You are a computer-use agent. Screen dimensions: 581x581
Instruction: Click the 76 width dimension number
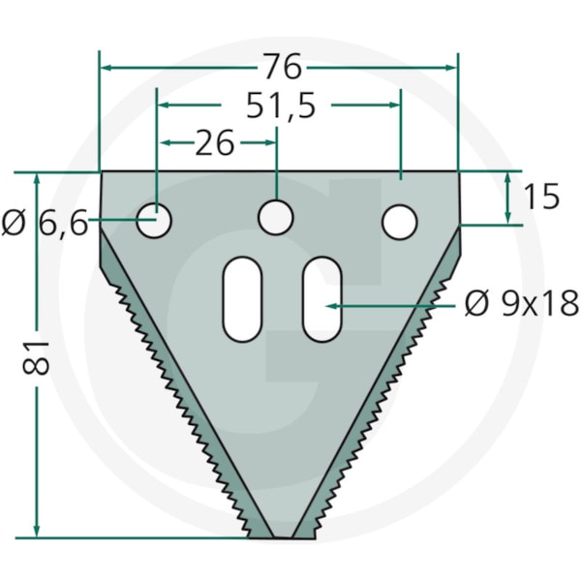point(283,67)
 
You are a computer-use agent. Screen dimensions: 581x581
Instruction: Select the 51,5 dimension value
point(281,106)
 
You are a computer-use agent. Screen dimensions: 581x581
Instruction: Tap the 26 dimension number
point(215,142)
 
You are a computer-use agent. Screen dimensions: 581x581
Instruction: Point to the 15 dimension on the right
point(541,196)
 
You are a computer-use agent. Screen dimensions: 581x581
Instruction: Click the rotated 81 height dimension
point(36,357)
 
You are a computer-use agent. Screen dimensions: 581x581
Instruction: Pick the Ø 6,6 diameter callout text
point(45,223)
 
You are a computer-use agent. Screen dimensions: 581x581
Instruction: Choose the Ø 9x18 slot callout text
point(522,303)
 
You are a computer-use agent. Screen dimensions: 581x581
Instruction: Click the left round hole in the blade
point(154,221)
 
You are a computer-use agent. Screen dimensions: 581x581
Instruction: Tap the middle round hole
point(276,218)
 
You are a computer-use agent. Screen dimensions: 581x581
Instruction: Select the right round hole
point(399,223)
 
